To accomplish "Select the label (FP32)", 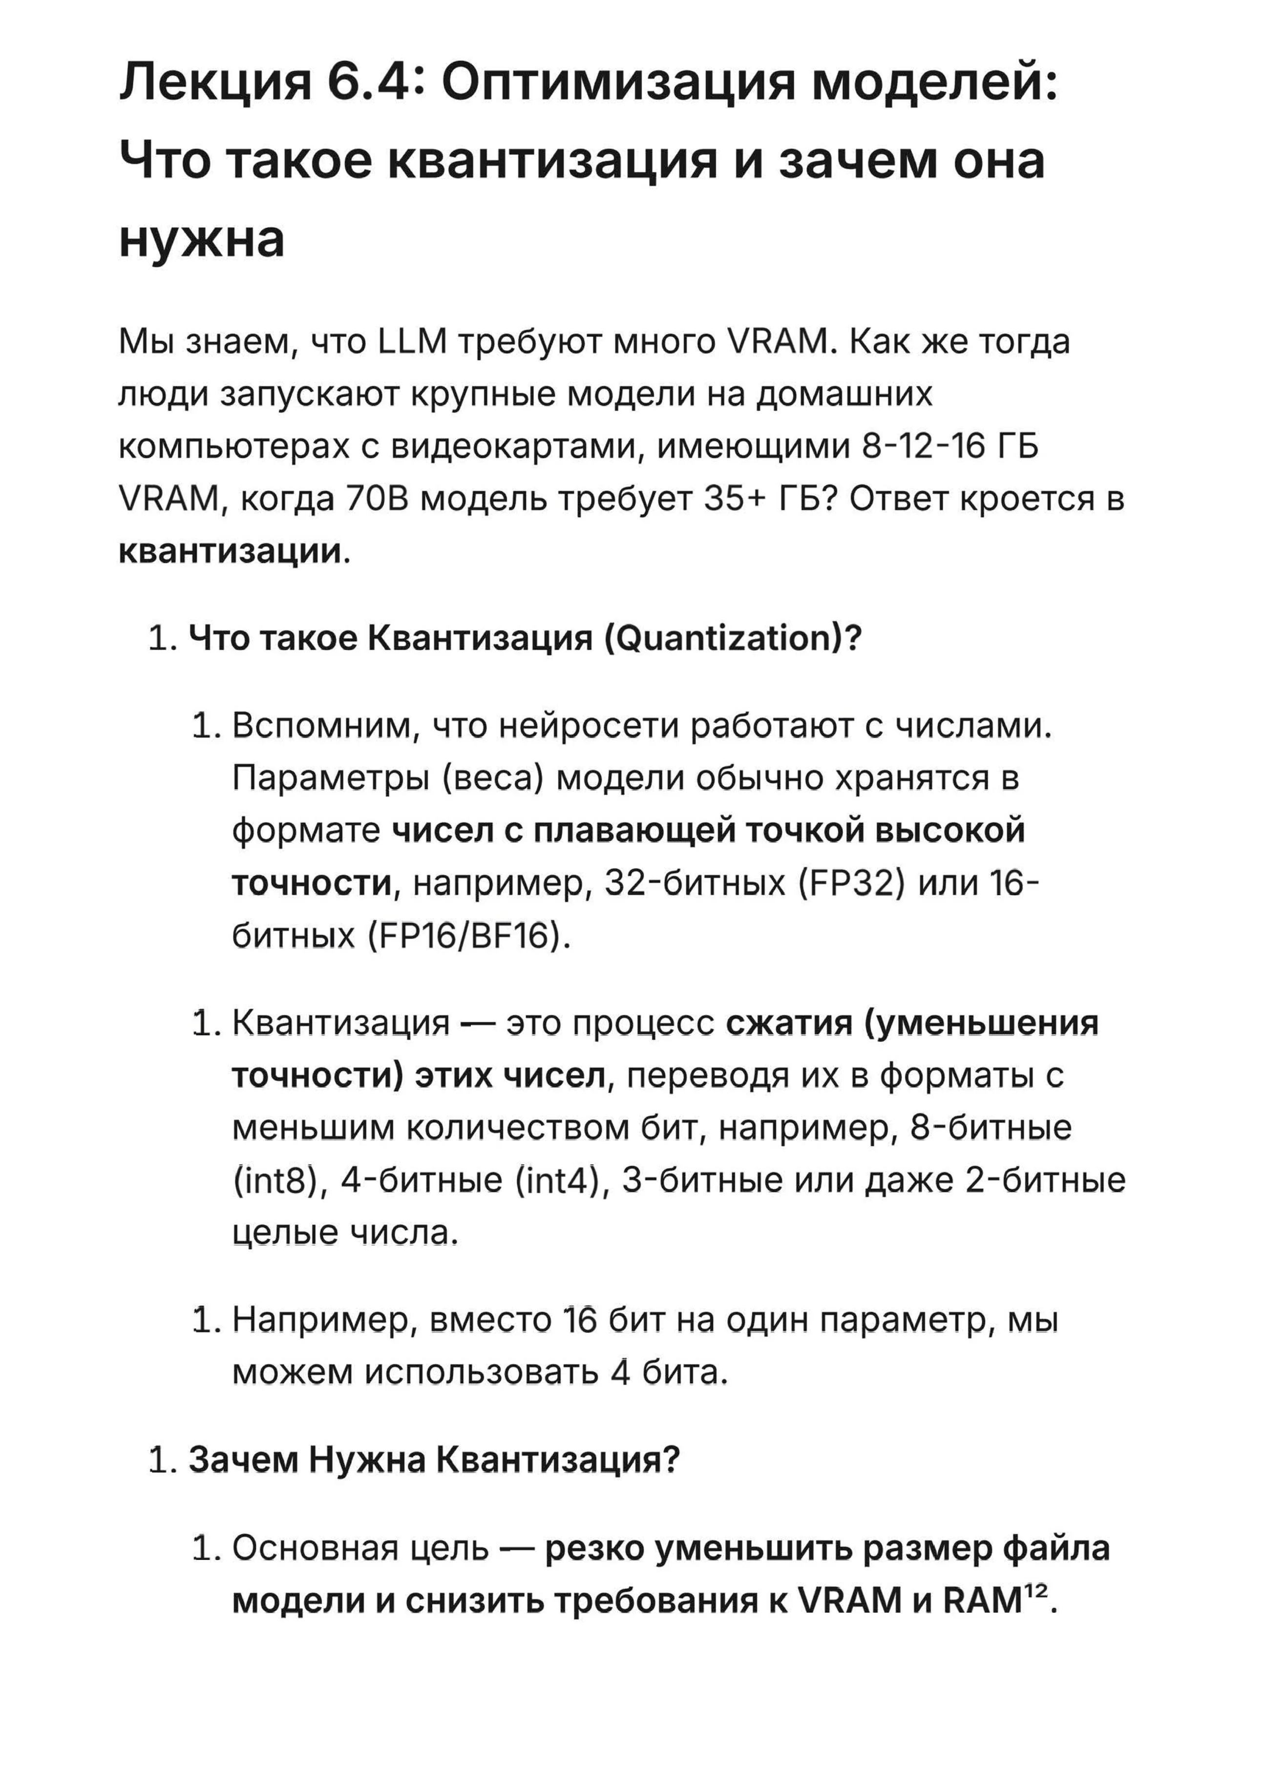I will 852,884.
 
